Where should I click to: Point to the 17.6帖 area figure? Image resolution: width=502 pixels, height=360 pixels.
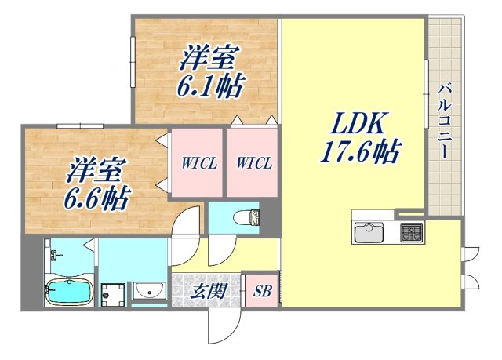tap(358, 151)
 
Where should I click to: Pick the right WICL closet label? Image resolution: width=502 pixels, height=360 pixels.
tap(253, 164)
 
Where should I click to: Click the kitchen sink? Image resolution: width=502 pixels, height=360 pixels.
tap(368, 232)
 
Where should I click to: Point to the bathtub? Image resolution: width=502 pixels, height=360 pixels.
tap(68, 293)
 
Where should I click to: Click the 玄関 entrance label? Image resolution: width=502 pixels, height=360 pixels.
tap(209, 292)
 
